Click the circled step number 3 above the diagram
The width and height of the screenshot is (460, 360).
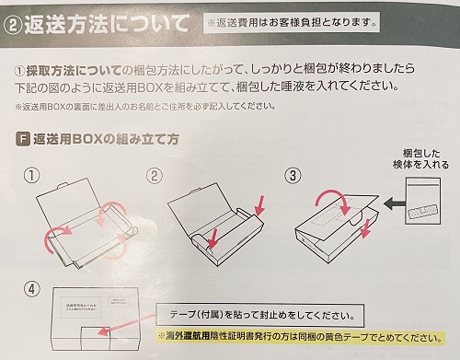click(293, 174)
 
